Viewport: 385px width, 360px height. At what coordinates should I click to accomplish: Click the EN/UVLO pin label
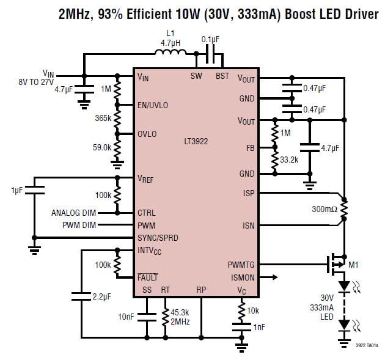(153, 105)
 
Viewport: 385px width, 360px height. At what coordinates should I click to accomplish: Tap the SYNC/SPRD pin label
(158, 238)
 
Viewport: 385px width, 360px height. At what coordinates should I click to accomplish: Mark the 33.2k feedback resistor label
(289, 160)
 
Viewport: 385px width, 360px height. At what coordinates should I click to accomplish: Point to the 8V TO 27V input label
(37, 79)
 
